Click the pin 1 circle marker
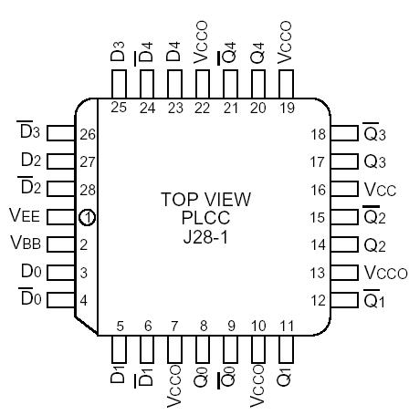pyautogui.click(x=87, y=218)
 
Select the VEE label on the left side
pyautogui.click(x=26, y=216)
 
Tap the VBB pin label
pyautogui.click(x=26, y=244)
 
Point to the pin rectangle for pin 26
pyautogui.click(x=59, y=134)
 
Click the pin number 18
pyautogui.click(x=318, y=135)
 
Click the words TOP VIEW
pyautogui.click(x=204, y=200)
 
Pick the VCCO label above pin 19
pyautogui.click(x=285, y=44)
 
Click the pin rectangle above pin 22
pyautogui.click(x=202, y=81)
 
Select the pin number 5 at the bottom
pyautogui.click(x=121, y=326)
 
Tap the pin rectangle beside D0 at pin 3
pyautogui.click(x=59, y=272)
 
